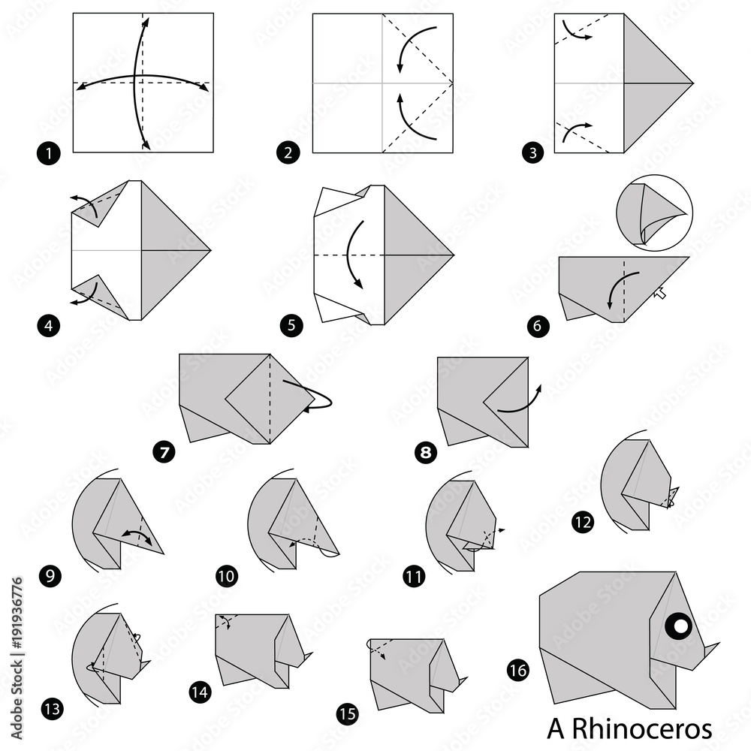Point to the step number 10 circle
coord(226,577)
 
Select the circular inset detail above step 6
coord(654,213)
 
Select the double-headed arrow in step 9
coord(137,535)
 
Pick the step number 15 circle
coord(347,714)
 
